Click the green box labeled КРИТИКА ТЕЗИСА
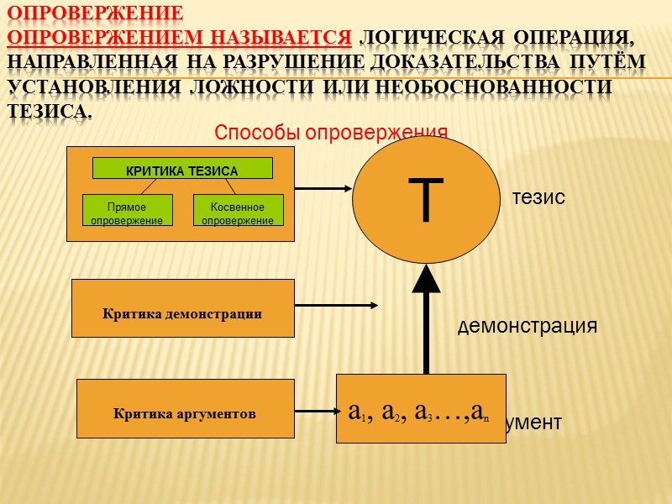182,169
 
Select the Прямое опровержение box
128,210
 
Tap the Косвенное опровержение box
239,210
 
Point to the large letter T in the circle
427,200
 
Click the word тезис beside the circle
538,197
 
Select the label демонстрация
528,326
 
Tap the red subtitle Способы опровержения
331,132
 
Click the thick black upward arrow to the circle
427,319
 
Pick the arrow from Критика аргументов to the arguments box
315,411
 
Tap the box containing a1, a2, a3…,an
421,409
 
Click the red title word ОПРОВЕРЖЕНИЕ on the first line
95,14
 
